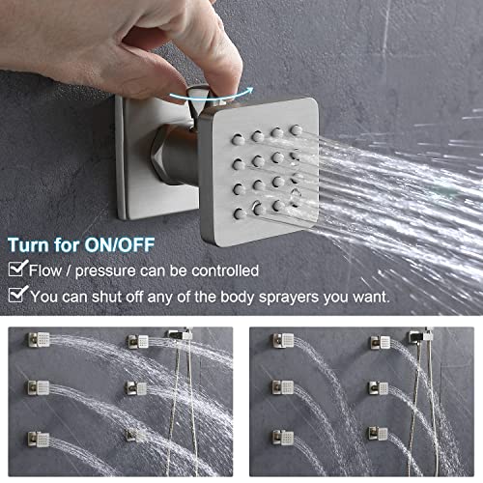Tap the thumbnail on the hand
coord(223,60)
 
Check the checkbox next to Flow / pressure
coord(15,270)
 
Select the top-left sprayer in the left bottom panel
coord(40,341)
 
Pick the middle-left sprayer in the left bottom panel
coord(40,387)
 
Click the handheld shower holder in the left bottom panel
coord(180,335)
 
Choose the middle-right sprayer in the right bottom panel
coord(378,387)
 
